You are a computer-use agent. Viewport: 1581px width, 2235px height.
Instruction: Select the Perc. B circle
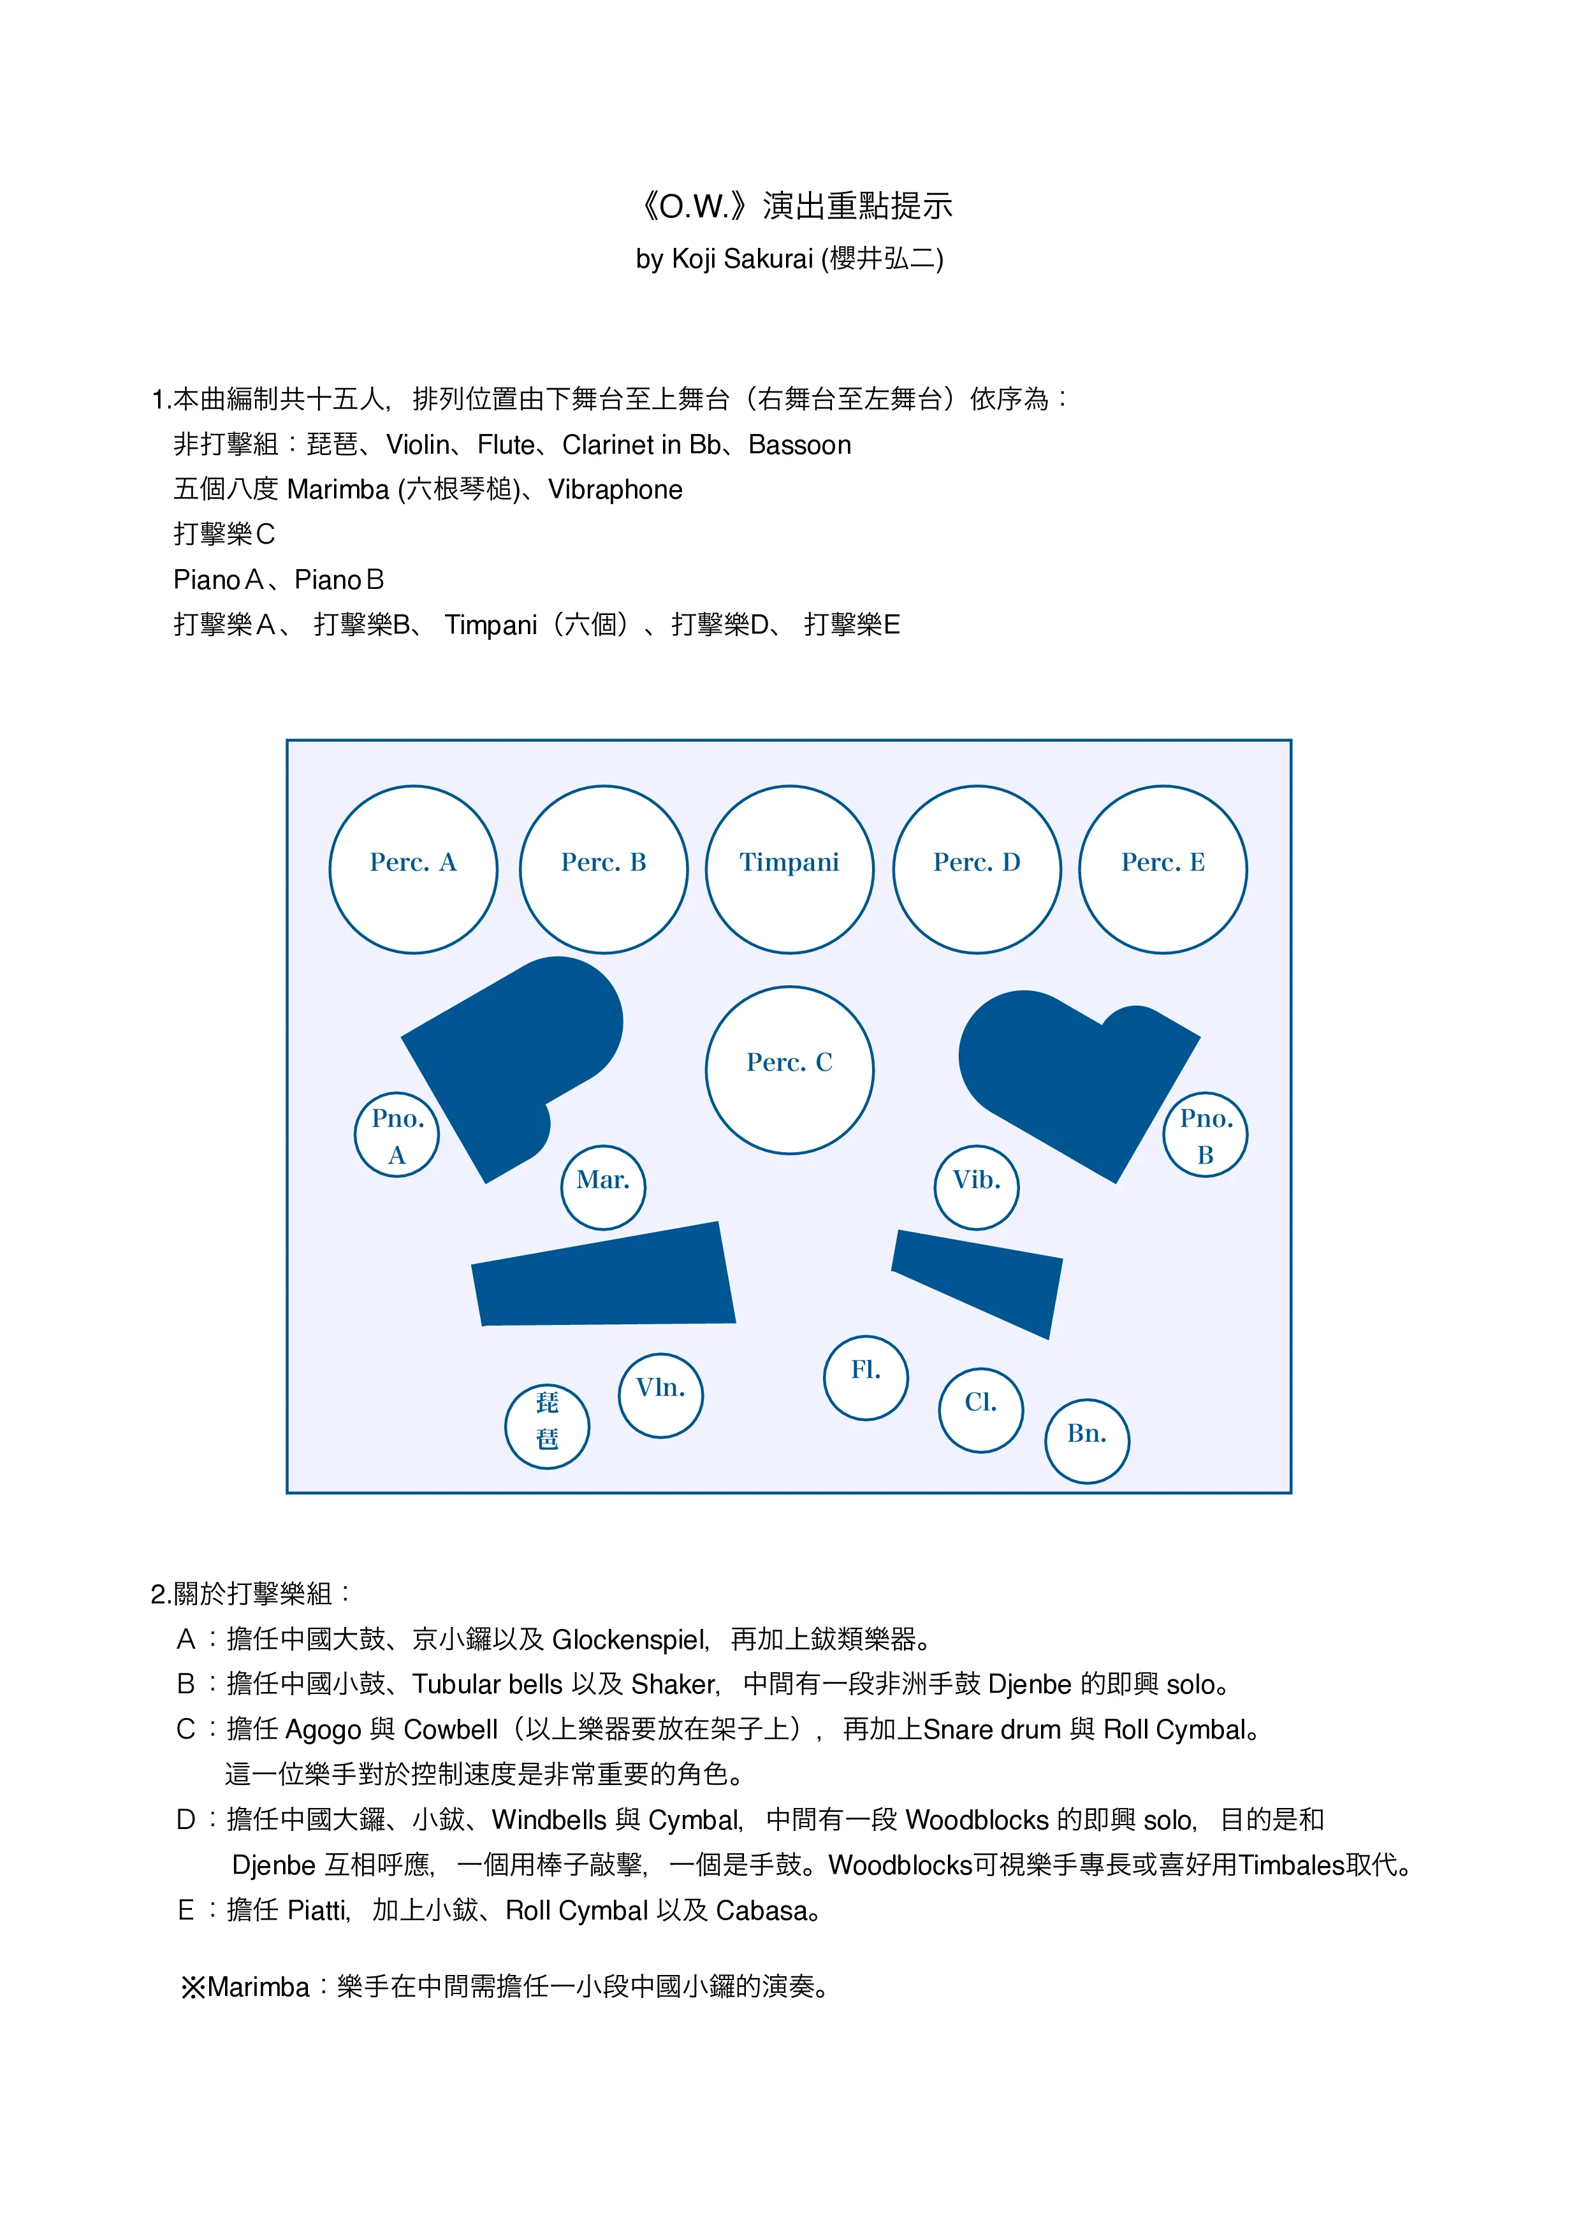point(604,869)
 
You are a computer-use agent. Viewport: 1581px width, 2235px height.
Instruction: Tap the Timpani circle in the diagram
point(789,869)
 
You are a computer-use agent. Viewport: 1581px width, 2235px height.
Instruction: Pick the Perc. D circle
point(977,869)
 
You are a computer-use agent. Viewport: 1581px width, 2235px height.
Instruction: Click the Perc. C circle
point(789,1070)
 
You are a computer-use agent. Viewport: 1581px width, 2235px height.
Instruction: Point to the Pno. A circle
point(397,1135)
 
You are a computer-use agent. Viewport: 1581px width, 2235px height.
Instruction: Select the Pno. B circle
point(1206,1135)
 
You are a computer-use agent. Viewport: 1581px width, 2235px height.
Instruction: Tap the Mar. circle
point(604,1187)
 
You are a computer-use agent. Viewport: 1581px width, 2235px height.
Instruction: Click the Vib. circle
point(977,1187)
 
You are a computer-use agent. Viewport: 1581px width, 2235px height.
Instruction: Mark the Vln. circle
point(661,1395)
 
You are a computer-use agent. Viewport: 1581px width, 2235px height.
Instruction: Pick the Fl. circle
point(866,1377)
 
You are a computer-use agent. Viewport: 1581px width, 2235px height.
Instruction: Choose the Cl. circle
point(980,1410)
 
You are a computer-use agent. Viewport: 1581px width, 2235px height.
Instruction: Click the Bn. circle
point(1086,1441)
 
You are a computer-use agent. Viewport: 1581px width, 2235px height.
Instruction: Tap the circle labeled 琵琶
point(547,1426)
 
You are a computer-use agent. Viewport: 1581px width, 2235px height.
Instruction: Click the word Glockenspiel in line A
point(630,1640)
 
